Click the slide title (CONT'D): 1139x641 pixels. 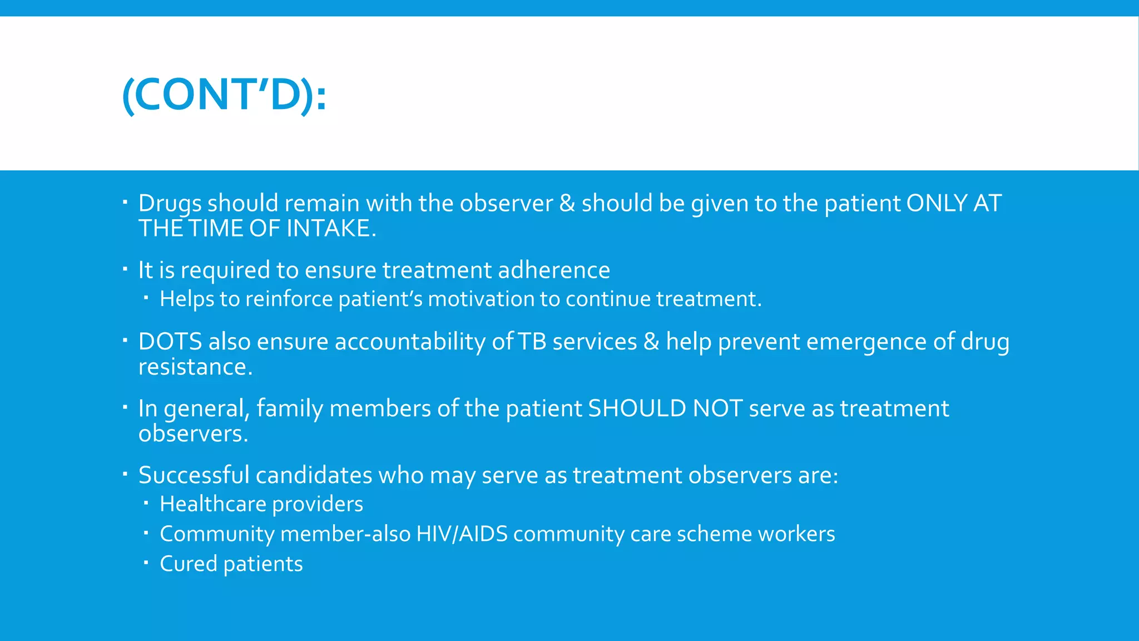[224, 95]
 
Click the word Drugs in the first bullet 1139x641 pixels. [169, 204]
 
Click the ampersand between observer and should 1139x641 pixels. [567, 203]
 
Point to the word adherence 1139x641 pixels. [553, 270]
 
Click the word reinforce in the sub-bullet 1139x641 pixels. [289, 299]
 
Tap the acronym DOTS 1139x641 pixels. [170, 342]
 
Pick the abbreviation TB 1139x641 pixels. [532, 342]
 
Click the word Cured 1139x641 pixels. [189, 564]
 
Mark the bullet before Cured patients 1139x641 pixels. [146, 563]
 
